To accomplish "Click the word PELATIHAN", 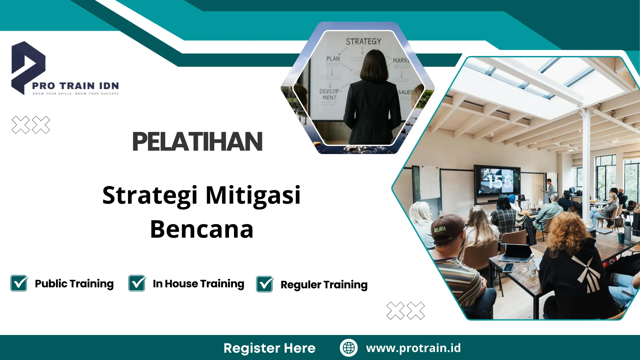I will coord(197,142).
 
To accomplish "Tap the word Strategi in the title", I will coord(150,196).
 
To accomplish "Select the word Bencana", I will coord(202,229).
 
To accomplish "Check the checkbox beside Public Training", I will coord(19,283).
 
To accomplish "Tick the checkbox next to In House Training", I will coord(137,283).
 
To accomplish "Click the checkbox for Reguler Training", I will coord(265,284).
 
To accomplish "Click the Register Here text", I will coord(269,348).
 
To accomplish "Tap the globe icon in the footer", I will coord(349,348).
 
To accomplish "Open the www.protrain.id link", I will coord(413,348).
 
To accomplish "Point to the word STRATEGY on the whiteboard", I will coord(363,42).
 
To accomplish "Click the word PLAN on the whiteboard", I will coord(333,59).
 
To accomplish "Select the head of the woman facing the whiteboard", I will coord(374,65).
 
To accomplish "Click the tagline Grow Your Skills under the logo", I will coord(75,94).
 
